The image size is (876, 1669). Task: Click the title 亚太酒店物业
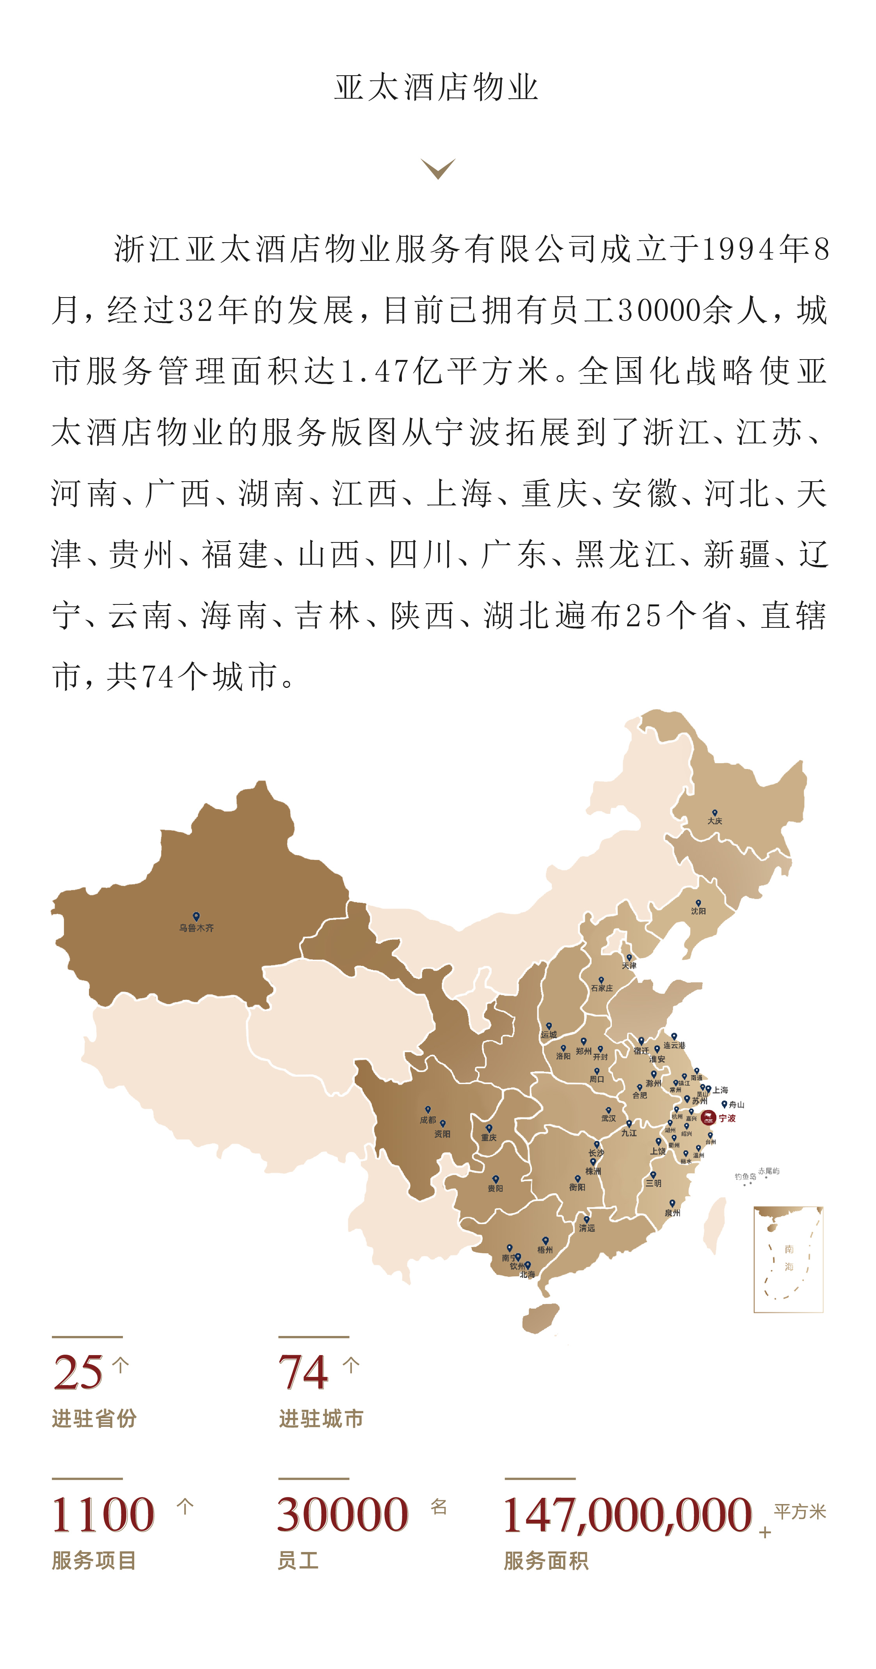tap(436, 87)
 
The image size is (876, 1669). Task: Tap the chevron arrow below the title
tap(438, 168)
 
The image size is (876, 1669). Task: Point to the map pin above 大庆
tap(714, 813)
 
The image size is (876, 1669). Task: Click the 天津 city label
tap(629, 966)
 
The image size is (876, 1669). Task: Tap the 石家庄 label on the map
tap(601, 988)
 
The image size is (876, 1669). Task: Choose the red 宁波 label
tap(727, 1118)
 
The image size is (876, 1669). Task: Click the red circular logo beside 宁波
tap(708, 1118)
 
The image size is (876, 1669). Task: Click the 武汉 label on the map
tap(608, 1118)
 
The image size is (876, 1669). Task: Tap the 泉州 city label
tap(672, 1213)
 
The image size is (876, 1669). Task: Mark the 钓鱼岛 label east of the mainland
tap(745, 1176)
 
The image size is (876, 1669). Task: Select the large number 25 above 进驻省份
tap(78, 1372)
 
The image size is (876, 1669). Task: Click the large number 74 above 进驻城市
tap(303, 1372)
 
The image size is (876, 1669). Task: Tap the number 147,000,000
tap(627, 1515)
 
